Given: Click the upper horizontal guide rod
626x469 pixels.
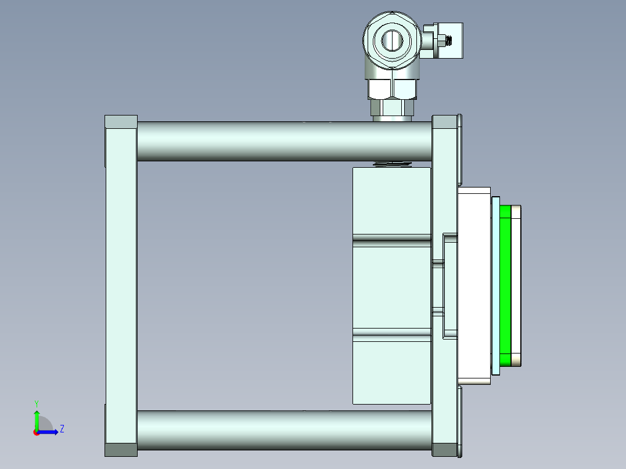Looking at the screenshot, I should click(285, 141).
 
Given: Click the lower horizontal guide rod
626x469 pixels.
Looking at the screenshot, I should click(285, 430).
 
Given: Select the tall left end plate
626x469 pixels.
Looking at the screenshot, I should click(121, 284).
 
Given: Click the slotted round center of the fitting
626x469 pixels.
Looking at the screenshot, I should click(391, 40).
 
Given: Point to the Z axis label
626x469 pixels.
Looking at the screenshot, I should click(62, 429).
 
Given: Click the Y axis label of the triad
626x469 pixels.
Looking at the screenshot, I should click(36, 402).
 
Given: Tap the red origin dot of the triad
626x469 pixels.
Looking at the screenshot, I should click(36, 432).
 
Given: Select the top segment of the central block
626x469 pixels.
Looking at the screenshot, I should click(391, 200).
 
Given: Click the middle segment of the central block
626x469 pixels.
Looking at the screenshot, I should click(391, 287).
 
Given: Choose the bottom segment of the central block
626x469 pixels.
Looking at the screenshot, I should click(391, 371).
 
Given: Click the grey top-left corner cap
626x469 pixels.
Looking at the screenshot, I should click(121, 122).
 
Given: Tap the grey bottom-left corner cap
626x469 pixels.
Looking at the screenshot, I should click(121, 450).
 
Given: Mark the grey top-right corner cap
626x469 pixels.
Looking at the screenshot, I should click(445, 122).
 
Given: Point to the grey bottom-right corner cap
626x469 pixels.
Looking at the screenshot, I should click(445, 450).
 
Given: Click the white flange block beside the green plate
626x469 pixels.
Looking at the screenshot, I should click(474, 284).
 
